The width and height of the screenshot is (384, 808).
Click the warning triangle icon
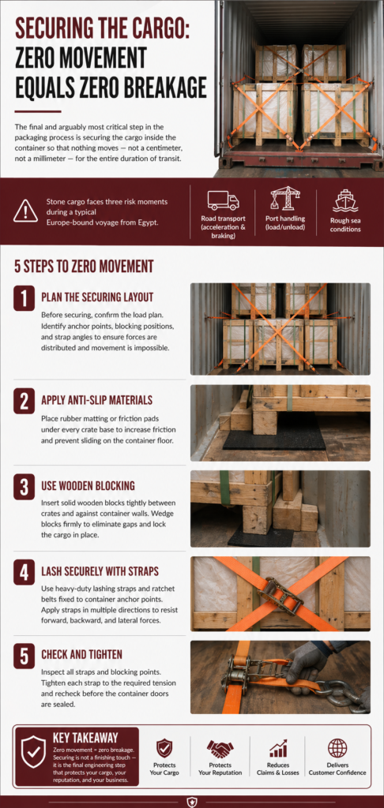coord(26,211)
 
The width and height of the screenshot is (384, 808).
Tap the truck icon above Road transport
coord(223,200)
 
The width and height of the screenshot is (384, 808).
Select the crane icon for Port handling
coord(285,199)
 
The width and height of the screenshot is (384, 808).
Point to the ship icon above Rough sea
coord(345,200)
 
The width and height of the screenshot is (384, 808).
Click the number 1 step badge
coord(24,298)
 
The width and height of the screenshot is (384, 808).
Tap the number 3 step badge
coord(24,487)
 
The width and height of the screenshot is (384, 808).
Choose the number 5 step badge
coord(24,656)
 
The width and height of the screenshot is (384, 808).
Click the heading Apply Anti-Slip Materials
coord(96,400)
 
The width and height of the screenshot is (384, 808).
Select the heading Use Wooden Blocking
coord(88,486)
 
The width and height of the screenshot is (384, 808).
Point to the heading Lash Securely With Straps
coord(100,571)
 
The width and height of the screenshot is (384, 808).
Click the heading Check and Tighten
coord(81,655)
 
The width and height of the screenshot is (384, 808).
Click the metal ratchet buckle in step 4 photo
coord(280,595)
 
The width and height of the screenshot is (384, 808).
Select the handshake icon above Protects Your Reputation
coord(220,748)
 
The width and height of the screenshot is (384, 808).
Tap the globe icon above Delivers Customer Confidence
coord(337,748)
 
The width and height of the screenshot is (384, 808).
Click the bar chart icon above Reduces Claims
coord(277,748)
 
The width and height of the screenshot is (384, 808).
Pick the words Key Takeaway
coord(85,738)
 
